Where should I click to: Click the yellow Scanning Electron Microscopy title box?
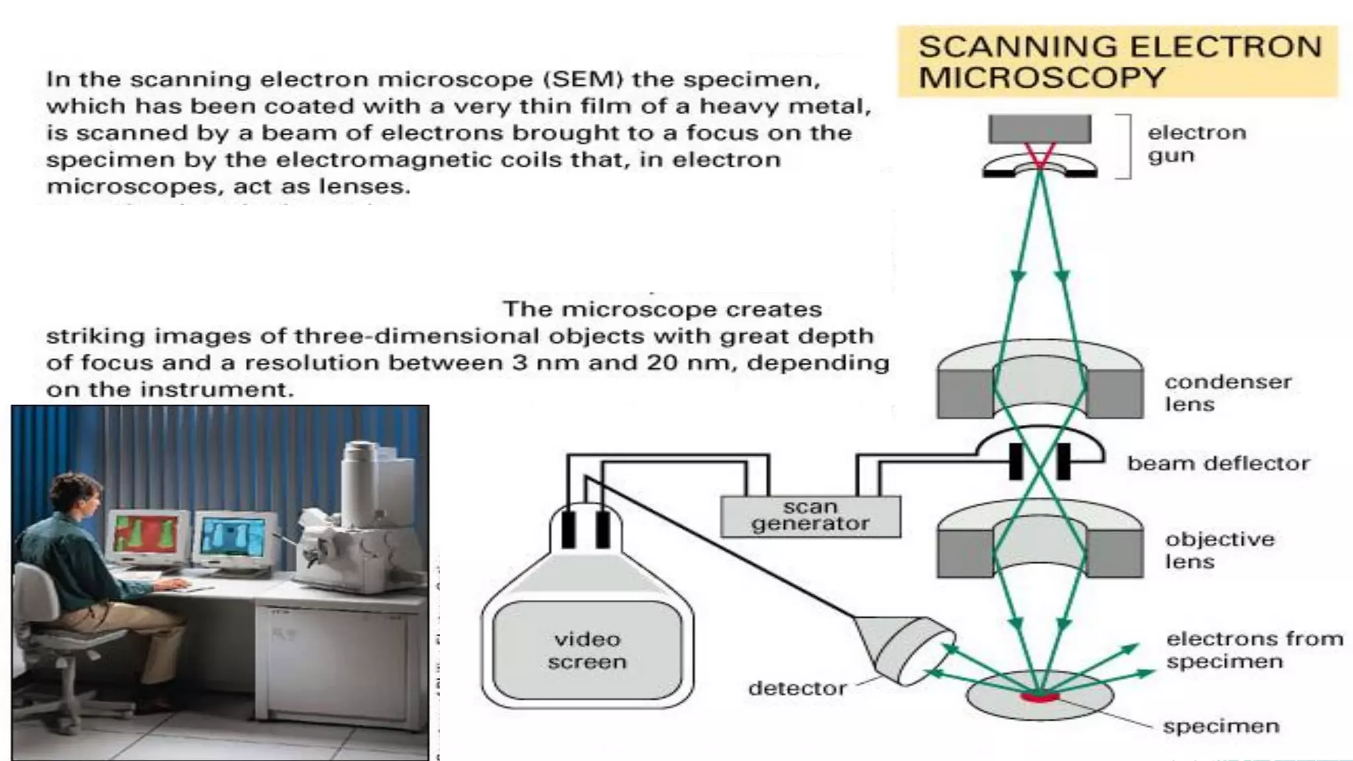pos(1118,61)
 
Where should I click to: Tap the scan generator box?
pos(810,516)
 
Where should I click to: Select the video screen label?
pos(587,651)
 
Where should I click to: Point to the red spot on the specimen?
pos(1039,696)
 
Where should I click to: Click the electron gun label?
pos(1196,144)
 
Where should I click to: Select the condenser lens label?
pos(1227,393)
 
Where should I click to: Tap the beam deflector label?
pos(1218,464)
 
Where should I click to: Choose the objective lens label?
pos(1219,550)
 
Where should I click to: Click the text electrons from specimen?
pos(1253,650)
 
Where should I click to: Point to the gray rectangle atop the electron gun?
pos(1040,129)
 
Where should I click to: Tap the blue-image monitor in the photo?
pos(233,536)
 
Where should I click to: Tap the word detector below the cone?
pos(797,688)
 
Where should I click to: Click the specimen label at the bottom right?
pos(1220,726)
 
